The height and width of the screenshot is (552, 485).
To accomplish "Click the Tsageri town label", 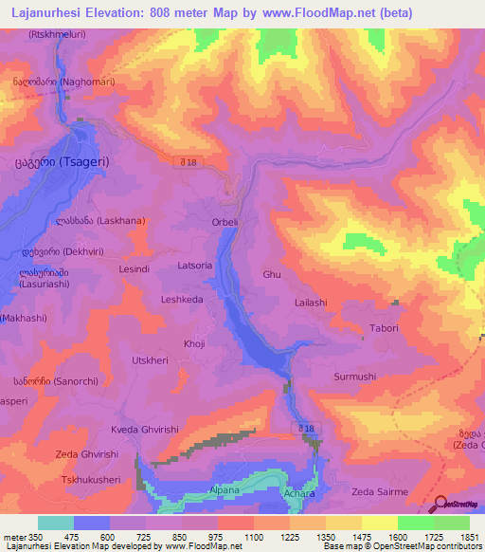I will [62, 162].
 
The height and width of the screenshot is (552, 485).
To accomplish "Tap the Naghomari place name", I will [63, 83].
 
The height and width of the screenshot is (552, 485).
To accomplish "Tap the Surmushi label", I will [355, 377].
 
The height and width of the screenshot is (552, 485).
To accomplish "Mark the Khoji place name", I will [194, 344].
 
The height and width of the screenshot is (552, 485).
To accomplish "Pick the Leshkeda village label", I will [183, 299].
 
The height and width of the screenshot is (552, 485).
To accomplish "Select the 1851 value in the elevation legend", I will [471, 538].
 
